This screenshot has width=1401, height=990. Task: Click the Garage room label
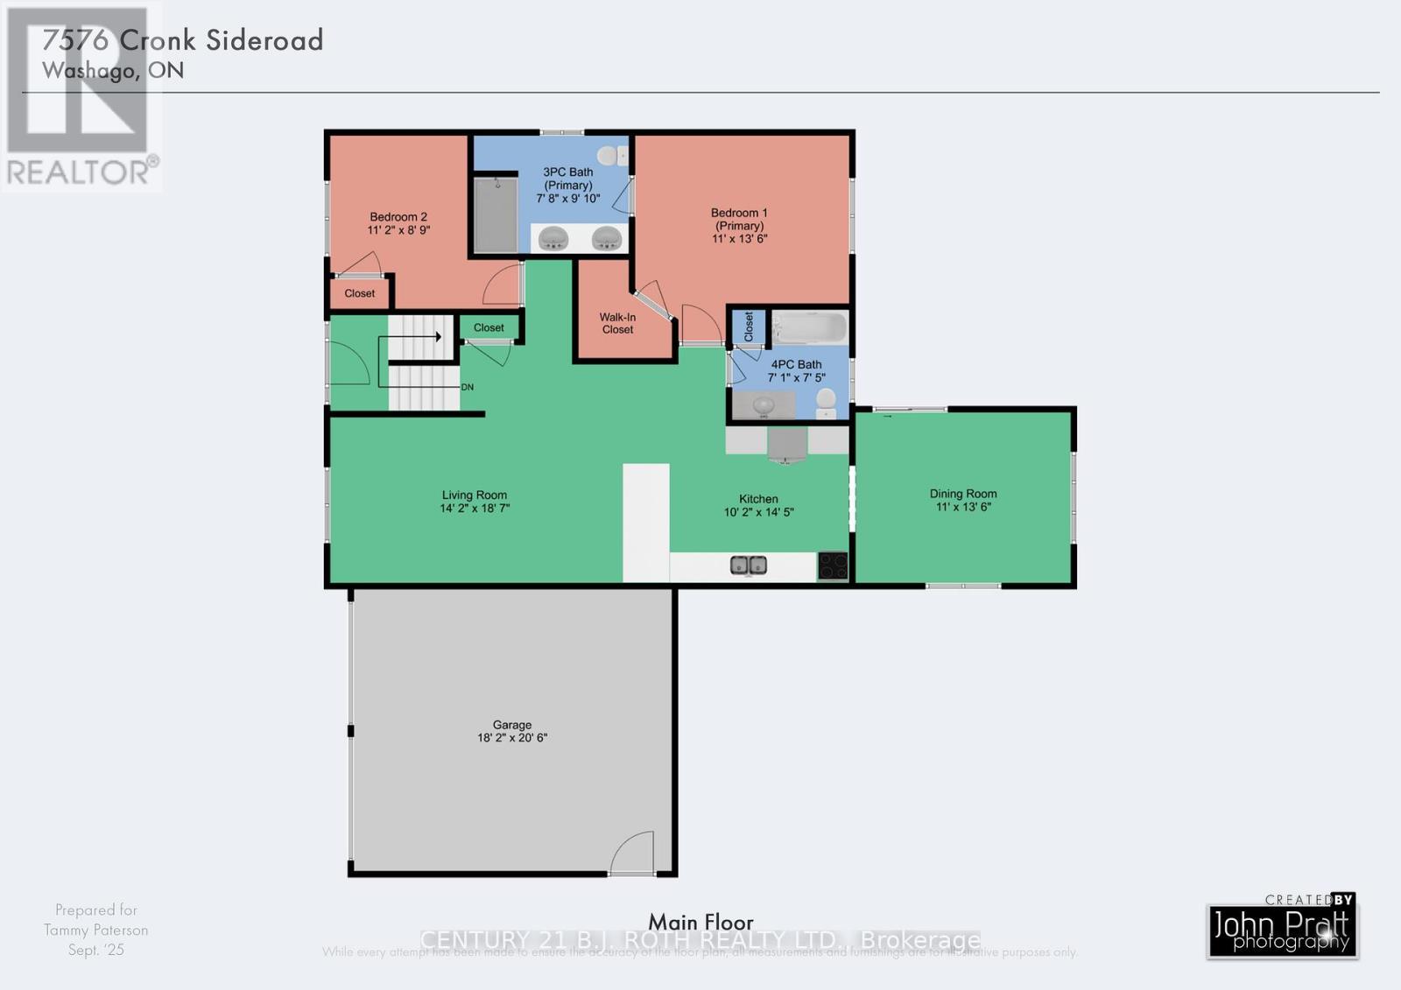pos(512,726)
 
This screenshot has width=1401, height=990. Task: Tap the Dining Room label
pos(963,494)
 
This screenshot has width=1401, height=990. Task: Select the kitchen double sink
pos(749,565)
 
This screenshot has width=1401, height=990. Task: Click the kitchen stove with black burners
pos(833,565)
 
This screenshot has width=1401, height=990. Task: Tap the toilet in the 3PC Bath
pos(618,156)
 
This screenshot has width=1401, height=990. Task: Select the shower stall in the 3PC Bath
pos(496,214)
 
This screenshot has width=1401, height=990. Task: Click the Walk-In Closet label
pos(617,323)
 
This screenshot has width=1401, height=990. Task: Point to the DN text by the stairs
pos(468,387)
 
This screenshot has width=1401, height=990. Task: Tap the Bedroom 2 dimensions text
pos(398,230)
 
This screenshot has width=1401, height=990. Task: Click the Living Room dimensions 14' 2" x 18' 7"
pos(475,508)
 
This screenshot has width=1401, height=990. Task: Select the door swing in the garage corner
pos(633,853)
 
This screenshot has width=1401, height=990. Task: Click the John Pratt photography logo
pos(1282,930)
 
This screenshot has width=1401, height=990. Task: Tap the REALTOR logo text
pos(81,172)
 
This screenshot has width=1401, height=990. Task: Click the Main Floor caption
pos(700,922)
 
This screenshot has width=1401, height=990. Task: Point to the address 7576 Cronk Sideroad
pos(183,40)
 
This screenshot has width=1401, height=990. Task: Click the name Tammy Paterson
pos(96,930)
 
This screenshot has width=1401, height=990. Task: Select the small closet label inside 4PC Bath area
pos(749,326)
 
